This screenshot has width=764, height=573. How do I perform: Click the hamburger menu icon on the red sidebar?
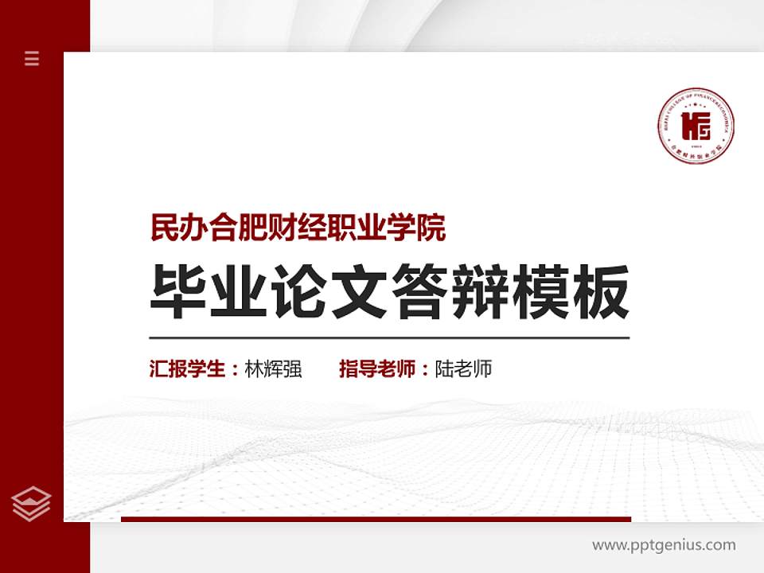[32, 58]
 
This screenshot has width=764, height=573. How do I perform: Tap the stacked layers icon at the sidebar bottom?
[32, 503]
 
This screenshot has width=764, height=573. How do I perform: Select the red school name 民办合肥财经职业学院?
[298, 228]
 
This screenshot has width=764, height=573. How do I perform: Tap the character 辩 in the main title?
[481, 291]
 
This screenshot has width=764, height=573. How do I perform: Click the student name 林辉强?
[273, 369]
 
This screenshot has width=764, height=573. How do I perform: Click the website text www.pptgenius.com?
[664, 545]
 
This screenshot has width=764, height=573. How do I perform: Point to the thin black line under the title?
[389, 337]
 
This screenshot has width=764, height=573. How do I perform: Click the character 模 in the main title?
[541, 291]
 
